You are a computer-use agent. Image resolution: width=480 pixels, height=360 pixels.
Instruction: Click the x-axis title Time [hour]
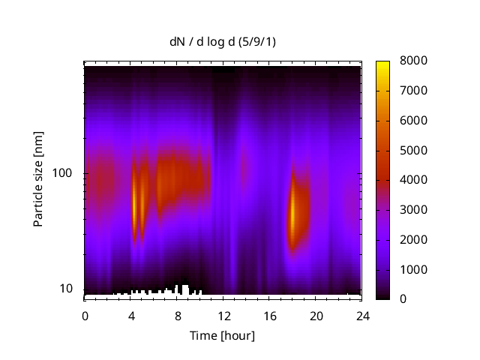point(222,335)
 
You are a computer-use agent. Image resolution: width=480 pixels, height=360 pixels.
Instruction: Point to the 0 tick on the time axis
point(85,316)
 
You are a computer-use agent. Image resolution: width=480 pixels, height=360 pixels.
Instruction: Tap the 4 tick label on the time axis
point(131,316)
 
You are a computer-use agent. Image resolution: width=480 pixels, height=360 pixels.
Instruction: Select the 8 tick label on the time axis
point(177,316)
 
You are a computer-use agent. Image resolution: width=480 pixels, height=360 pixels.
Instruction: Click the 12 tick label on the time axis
point(223,316)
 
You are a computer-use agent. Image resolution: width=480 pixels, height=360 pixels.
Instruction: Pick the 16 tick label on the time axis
point(269,316)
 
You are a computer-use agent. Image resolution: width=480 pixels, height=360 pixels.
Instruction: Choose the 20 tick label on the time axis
point(315,316)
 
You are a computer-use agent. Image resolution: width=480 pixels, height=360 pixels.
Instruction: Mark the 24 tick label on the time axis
point(361,316)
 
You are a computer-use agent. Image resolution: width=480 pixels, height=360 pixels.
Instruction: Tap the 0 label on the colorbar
point(403,299)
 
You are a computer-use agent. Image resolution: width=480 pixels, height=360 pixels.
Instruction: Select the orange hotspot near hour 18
point(293,214)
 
